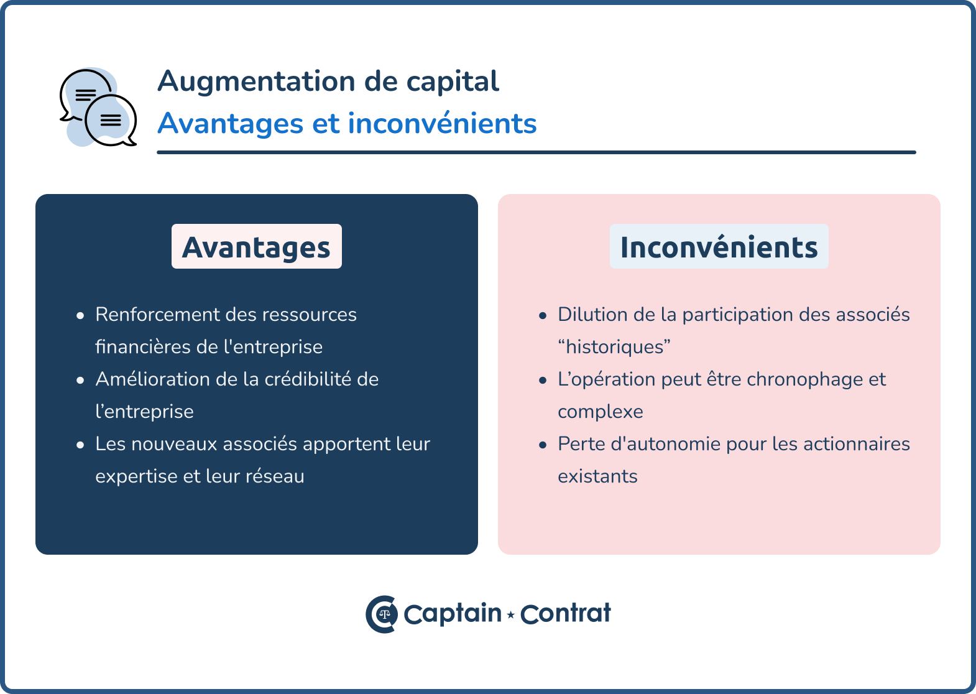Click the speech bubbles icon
click(98, 107)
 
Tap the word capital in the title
click(453, 81)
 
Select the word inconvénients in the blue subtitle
click(442, 123)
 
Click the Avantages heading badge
click(257, 246)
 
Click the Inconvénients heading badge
click(719, 246)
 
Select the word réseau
click(275, 476)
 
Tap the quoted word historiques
click(614, 347)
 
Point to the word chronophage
click(804, 380)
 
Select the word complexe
click(601, 412)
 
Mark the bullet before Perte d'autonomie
click(543, 445)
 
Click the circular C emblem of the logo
click(382, 614)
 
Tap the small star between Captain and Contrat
click(510, 614)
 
